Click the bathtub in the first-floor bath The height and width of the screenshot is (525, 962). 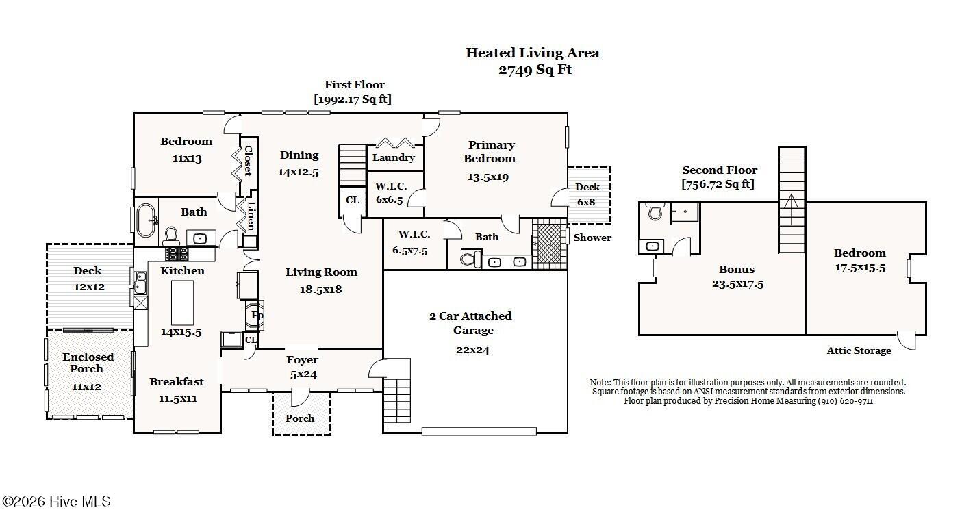coord(146,220)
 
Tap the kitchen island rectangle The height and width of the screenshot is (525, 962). coord(183,303)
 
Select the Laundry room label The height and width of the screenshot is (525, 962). coord(394,157)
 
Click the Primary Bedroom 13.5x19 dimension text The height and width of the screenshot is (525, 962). coord(488,177)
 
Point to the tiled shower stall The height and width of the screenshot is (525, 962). coord(550,244)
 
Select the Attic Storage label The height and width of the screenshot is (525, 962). coord(859,350)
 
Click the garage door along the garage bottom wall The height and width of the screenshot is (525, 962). coord(479,431)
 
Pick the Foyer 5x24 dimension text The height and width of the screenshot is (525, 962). coord(303,374)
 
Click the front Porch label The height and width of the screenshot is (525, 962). coord(300,418)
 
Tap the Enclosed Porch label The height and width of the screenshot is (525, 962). coord(88,363)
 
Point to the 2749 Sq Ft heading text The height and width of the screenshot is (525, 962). coord(535,70)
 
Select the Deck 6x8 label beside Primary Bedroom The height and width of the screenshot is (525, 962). coord(587,194)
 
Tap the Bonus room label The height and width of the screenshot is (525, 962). coord(737,270)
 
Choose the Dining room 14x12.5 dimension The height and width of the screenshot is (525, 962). coord(298,172)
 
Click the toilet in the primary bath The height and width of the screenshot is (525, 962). coord(470,259)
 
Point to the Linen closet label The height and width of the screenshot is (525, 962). coord(251,216)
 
